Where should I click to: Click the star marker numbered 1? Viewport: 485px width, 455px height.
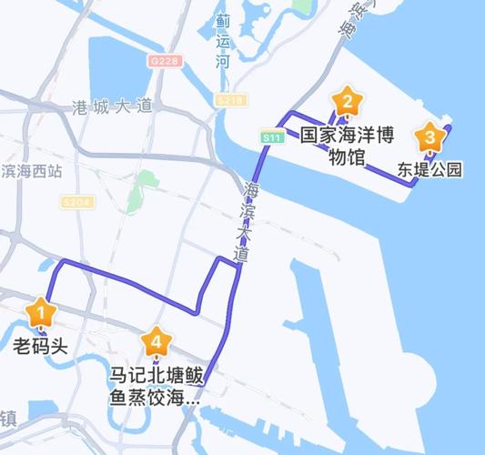pyautogui.click(x=39, y=313)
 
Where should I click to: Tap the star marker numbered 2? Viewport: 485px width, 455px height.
pyautogui.click(x=346, y=100)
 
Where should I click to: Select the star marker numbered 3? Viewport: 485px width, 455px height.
pyautogui.click(x=429, y=138)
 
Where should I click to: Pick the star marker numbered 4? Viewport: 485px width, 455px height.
pyautogui.click(x=157, y=342)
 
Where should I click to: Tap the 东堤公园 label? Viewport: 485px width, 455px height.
pyautogui.click(x=430, y=169)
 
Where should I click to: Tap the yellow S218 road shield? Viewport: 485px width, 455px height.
pyautogui.click(x=231, y=99)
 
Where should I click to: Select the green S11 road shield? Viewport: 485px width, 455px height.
pyautogui.click(x=269, y=137)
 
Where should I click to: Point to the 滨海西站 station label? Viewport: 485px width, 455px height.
pyautogui.click(x=31, y=170)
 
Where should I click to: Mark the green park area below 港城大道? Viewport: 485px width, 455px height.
pyautogui.click(x=141, y=187)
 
